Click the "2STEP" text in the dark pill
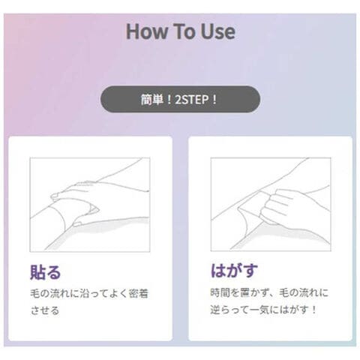[x=192, y=100]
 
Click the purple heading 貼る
[x=45, y=271]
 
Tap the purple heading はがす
[x=234, y=270]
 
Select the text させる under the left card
[x=45, y=310]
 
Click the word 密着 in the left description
[x=139, y=293]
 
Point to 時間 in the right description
[x=220, y=292]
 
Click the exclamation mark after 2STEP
[x=214, y=100]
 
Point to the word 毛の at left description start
[x=40, y=293]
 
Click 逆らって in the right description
[x=229, y=310]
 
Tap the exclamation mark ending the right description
[x=314, y=310]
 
